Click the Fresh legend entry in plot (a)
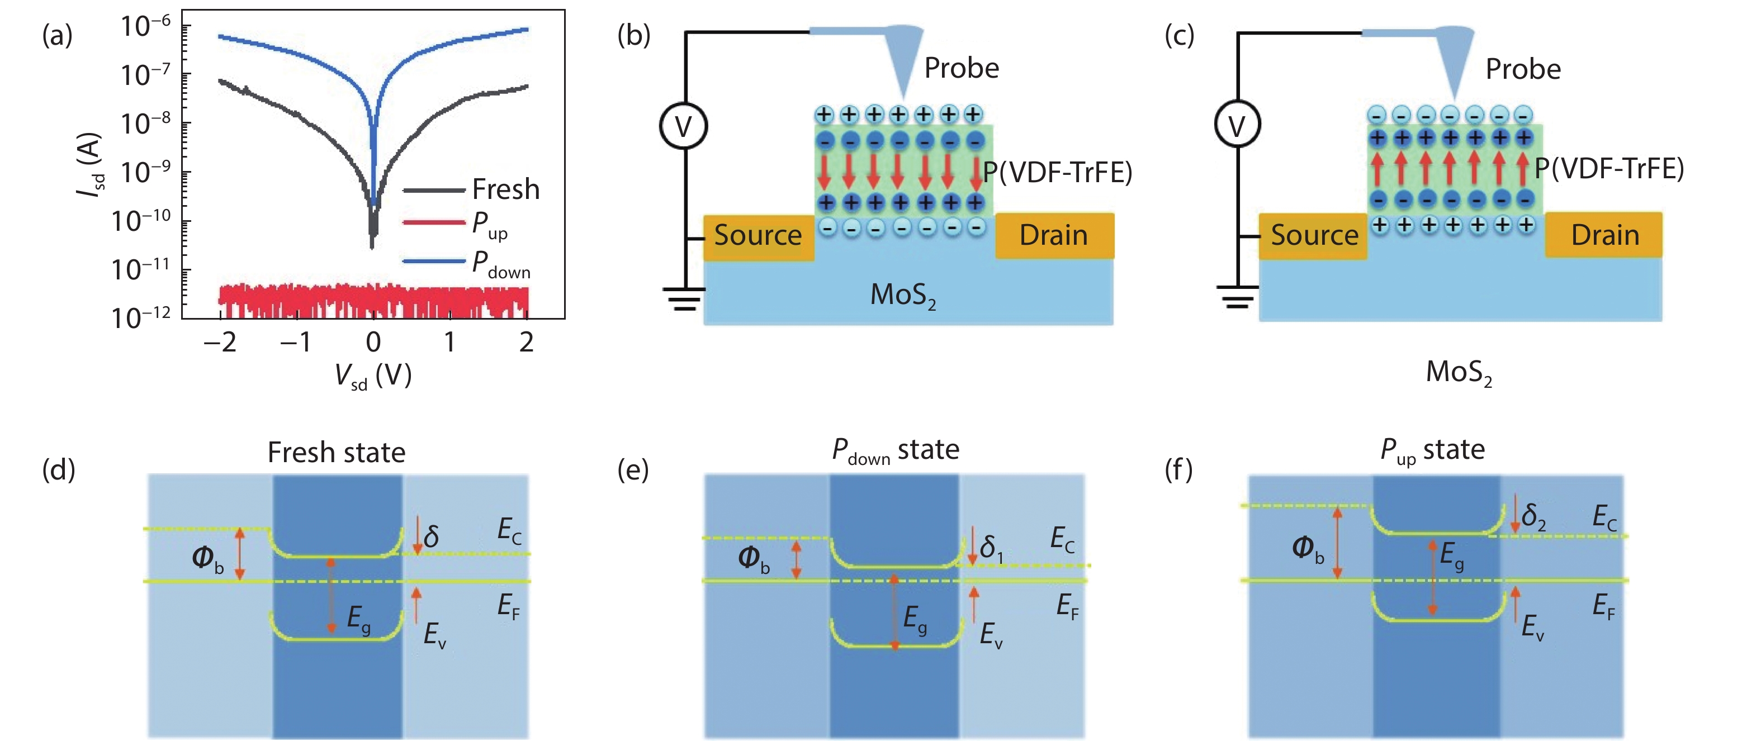pos(505,189)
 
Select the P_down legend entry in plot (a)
pos(500,264)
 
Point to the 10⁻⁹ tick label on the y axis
pos(145,172)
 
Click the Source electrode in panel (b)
pos(758,235)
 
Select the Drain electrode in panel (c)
pos(1604,235)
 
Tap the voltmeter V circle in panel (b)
pos(683,126)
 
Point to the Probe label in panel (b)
pos(961,68)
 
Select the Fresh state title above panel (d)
pos(337,453)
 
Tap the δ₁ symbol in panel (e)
pos(991,548)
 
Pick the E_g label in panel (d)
pos(358,619)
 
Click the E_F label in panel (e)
pos(1067,606)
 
